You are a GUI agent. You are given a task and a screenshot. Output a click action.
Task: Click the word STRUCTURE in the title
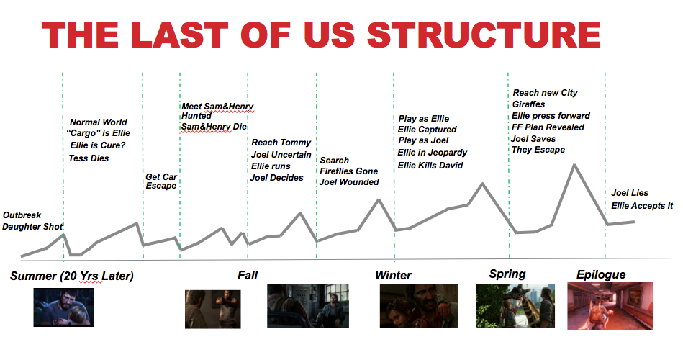(x=484, y=35)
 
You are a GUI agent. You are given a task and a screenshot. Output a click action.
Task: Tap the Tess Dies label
(x=89, y=158)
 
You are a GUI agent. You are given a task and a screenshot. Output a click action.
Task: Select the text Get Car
(x=161, y=177)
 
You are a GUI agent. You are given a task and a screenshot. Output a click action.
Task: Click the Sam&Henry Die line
(x=214, y=127)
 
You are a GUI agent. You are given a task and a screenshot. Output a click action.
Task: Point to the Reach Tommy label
(x=281, y=143)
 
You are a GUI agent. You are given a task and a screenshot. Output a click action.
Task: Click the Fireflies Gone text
(x=348, y=171)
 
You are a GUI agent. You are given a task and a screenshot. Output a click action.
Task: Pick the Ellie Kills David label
(x=430, y=166)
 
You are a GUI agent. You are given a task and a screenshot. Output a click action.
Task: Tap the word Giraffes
(x=528, y=104)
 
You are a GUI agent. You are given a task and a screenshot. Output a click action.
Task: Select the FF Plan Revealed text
(x=548, y=127)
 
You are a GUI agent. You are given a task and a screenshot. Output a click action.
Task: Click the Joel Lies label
(x=630, y=193)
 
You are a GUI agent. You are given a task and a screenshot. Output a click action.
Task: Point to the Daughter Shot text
(x=32, y=227)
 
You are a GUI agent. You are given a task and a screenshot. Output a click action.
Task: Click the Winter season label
(x=394, y=276)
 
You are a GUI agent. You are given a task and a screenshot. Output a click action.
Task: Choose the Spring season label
(x=507, y=274)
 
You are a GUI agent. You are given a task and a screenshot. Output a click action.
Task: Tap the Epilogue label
(x=601, y=274)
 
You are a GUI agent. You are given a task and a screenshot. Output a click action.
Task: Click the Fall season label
(x=248, y=276)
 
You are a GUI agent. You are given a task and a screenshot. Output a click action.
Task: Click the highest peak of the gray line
(x=574, y=165)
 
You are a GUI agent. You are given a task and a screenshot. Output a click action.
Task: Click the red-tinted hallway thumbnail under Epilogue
(x=610, y=305)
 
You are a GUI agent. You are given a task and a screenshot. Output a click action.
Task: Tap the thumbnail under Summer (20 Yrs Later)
(x=63, y=307)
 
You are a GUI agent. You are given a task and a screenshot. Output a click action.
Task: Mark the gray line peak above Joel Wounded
(x=379, y=199)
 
